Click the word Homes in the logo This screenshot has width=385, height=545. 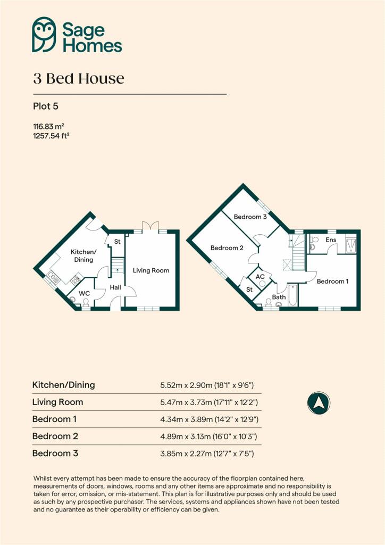pos(92,45)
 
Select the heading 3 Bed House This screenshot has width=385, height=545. pos(78,79)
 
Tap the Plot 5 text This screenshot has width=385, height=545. pos(45,106)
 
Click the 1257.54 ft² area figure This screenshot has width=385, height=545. pos(52,136)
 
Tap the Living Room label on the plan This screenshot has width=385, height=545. pos(151,270)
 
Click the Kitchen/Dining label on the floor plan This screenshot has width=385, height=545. pos(83,256)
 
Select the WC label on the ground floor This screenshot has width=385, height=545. pos(85,293)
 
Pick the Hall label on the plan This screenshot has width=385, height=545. pos(115,287)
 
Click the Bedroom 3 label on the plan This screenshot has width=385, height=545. pos(250,217)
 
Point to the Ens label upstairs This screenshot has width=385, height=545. pos(331,241)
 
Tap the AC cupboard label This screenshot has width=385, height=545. pos(261,277)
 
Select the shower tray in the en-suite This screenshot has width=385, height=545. pos(351,243)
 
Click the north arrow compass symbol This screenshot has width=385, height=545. pos(319,402)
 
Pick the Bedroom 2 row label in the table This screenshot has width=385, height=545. pos(55,436)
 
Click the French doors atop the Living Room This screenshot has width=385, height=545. pos(151,228)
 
